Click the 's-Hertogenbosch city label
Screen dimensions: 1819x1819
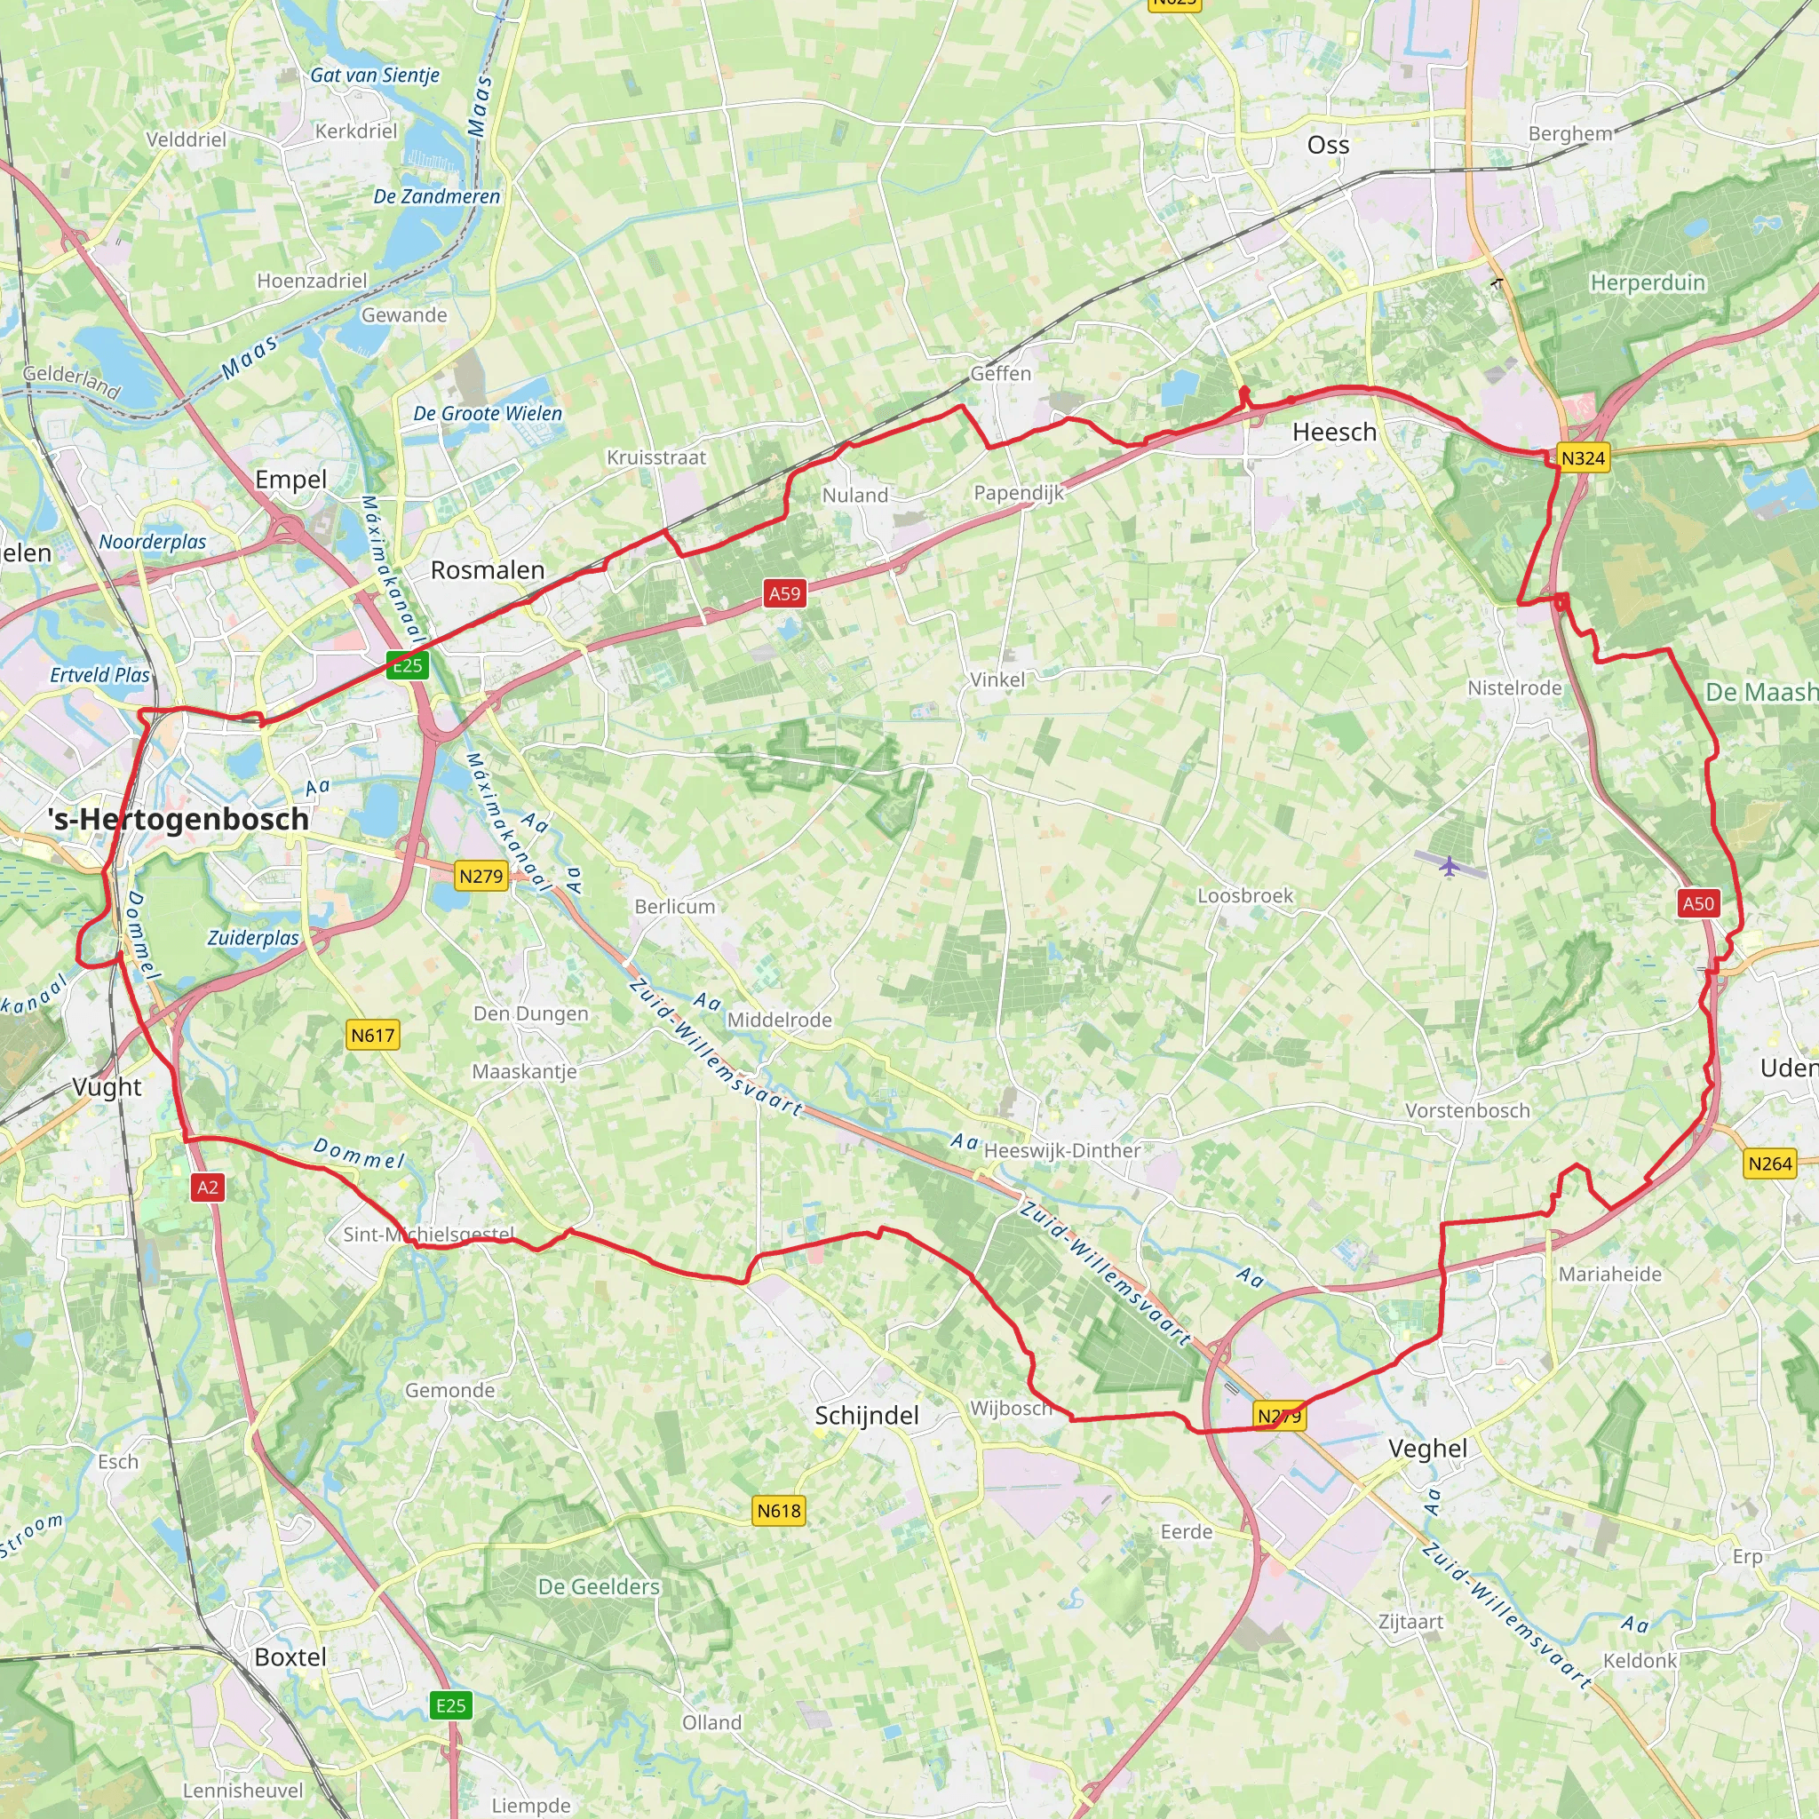[179, 819]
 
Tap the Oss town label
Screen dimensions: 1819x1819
[1328, 145]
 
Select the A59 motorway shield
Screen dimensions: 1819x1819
[784, 593]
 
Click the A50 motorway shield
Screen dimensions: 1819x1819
[1698, 904]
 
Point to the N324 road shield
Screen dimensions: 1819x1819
[1583, 458]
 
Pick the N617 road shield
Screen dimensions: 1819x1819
[374, 1036]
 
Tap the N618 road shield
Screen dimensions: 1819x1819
[780, 1511]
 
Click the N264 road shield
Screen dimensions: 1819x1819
[1770, 1164]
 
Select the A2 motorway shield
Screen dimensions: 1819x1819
[208, 1188]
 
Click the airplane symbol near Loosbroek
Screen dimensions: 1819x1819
[1448, 864]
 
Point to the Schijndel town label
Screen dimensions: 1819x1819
[866, 1415]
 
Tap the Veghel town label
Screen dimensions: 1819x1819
[1427, 1448]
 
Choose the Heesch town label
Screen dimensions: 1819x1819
[1334, 433]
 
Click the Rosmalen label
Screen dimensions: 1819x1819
[488, 569]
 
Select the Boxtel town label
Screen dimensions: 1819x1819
[290, 1657]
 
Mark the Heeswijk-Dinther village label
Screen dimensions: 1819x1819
[1062, 1150]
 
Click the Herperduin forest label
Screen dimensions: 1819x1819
[1648, 282]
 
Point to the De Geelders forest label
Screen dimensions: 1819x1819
[599, 1586]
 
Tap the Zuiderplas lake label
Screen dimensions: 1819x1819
[253, 938]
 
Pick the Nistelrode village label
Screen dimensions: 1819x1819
[1515, 688]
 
